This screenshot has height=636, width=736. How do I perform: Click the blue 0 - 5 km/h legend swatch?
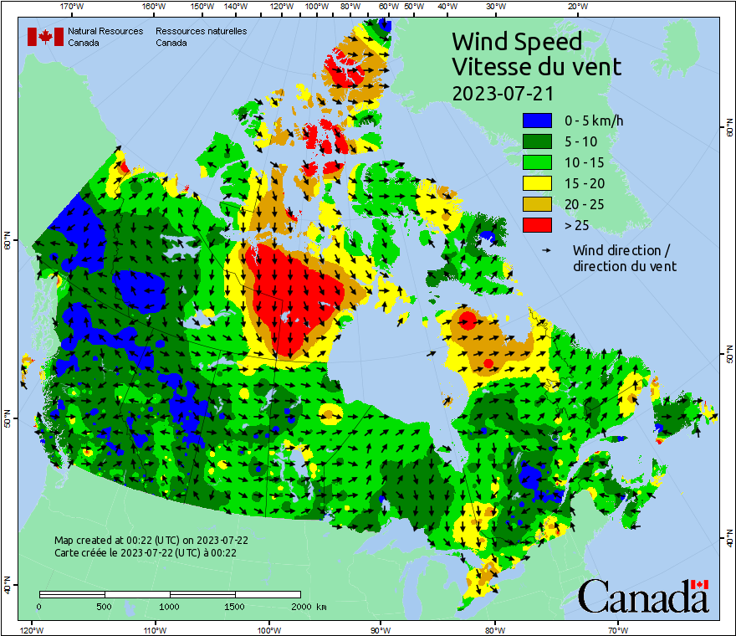[538, 121]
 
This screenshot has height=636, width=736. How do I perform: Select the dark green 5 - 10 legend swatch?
[538, 141]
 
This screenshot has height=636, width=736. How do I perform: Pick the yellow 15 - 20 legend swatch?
[538, 183]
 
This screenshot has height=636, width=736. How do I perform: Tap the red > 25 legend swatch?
[538, 225]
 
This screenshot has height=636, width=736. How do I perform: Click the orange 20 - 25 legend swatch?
[538, 204]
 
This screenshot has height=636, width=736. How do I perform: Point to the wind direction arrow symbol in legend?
[547, 250]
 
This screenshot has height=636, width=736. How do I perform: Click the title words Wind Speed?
[516, 41]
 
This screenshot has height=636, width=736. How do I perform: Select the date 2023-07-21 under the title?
[502, 92]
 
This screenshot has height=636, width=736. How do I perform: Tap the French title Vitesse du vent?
[536, 66]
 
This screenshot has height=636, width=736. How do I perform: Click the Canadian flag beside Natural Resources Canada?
[46, 37]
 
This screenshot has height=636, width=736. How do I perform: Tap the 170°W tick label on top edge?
[73, 7]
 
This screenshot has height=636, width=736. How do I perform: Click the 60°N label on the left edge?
[8, 244]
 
